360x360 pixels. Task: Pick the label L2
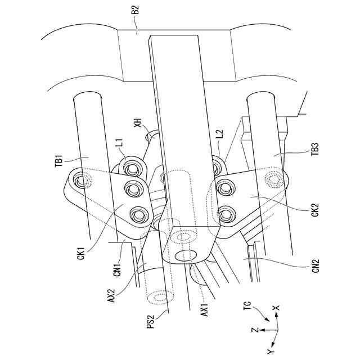219,135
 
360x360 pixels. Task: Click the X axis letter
275,309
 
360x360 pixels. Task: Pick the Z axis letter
254,330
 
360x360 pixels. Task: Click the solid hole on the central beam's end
188,255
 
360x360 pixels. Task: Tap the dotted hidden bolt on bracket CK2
276,180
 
